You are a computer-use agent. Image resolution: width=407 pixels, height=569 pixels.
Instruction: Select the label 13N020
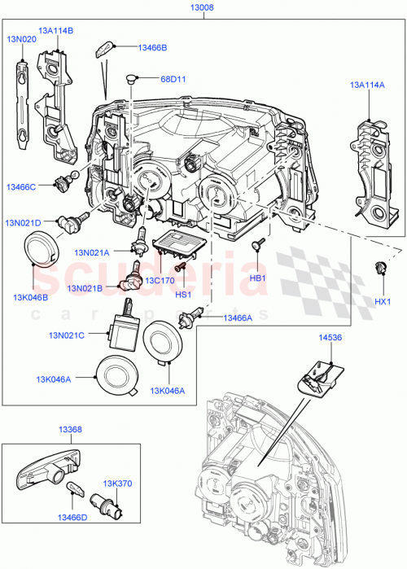tap(22, 38)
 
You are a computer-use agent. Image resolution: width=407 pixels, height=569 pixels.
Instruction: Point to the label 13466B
tap(152, 48)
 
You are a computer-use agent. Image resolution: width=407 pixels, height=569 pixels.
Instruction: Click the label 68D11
tap(173, 79)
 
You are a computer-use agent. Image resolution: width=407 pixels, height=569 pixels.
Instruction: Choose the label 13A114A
tap(369, 84)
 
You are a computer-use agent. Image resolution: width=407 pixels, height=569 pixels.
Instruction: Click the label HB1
tap(258, 278)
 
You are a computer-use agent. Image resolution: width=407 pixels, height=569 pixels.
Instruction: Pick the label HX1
tap(383, 302)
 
